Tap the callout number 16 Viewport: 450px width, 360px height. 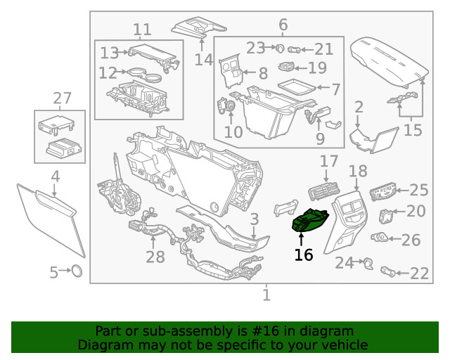303,255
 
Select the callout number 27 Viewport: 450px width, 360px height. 63,98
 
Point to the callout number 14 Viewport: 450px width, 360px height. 204,60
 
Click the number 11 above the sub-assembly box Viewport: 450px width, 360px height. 142,30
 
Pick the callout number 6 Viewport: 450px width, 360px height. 283,26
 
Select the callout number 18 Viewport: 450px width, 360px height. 358,171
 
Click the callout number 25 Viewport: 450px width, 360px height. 418,189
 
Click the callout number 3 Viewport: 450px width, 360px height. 254,219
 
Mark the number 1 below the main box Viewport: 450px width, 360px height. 266,295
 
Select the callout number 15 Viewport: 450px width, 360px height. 413,130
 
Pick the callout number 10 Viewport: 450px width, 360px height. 233,131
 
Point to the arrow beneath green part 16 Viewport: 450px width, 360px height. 301,238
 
